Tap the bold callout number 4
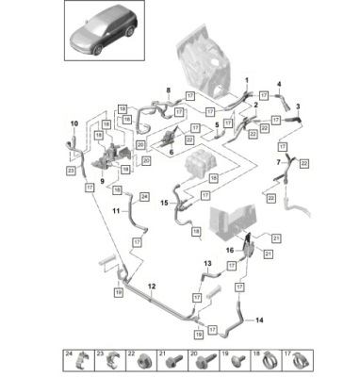click(x=279, y=84)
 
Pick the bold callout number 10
click(x=74, y=123)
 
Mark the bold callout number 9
click(x=101, y=180)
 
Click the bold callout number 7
click(x=276, y=161)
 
